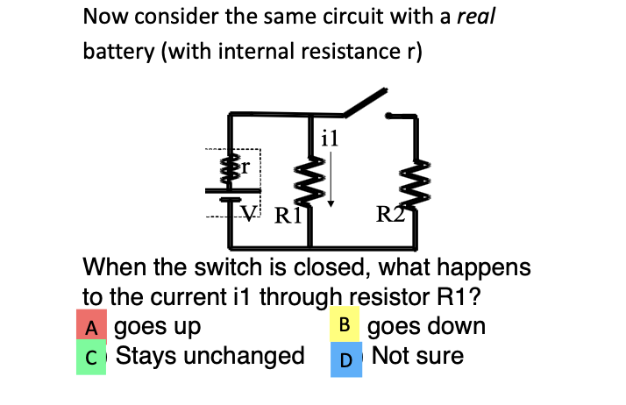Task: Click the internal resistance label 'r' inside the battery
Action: pyautogui.click(x=246, y=166)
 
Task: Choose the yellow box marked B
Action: pyautogui.click(x=345, y=325)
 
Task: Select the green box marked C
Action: pyautogui.click(x=90, y=358)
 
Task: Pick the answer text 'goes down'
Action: pyautogui.click(x=426, y=327)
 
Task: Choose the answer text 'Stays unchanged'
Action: pyautogui.click(x=210, y=356)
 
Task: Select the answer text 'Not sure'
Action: pyautogui.click(x=417, y=356)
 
